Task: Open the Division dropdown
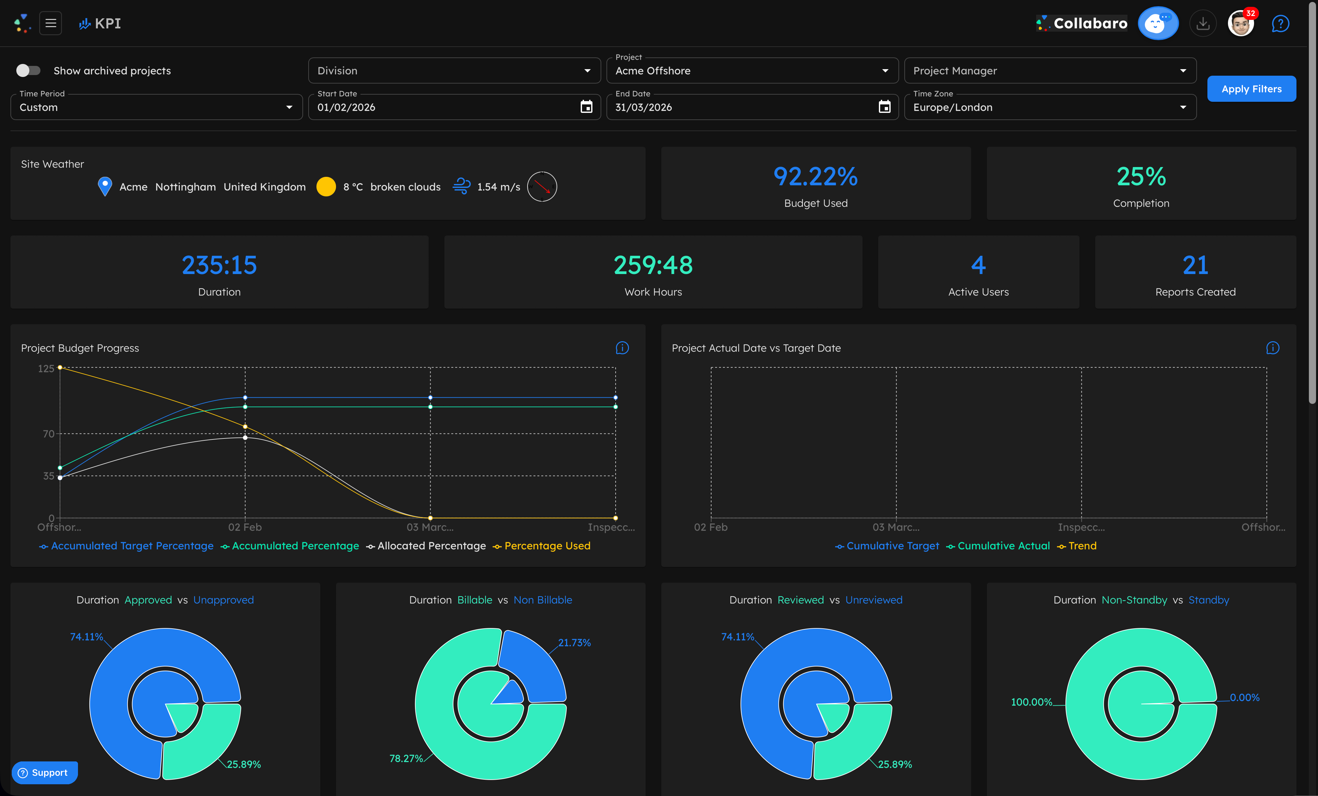pos(453,70)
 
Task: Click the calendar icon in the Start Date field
pos(586,107)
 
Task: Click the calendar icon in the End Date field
pos(884,107)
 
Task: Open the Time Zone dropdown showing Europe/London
pos(1050,107)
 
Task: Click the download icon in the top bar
pos(1203,23)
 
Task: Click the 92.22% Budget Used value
pos(815,176)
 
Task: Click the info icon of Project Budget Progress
pos(622,348)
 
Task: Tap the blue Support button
pos(44,773)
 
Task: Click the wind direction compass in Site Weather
pos(542,187)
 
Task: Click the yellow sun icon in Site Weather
pos(326,187)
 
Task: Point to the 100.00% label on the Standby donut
pos(1031,702)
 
